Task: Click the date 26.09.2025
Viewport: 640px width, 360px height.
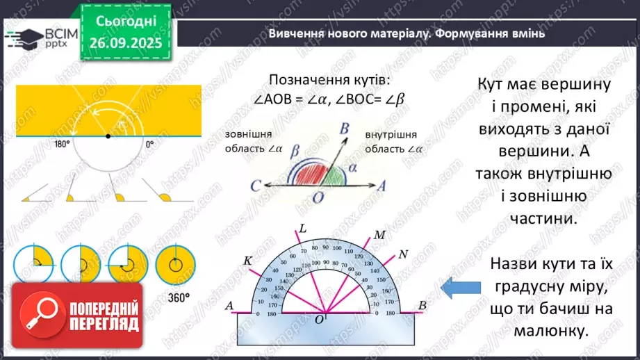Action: pyautogui.click(x=129, y=42)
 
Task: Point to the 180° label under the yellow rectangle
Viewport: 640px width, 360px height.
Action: pyautogui.click(x=63, y=145)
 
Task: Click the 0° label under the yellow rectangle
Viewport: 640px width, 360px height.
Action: pyautogui.click(x=149, y=145)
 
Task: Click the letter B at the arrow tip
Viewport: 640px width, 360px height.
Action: pyautogui.click(x=343, y=128)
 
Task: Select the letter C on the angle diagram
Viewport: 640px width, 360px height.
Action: pyautogui.click(x=256, y=186)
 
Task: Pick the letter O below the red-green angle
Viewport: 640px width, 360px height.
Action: pyautogui.click(x=318, y=198)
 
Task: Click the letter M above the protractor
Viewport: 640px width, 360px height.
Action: pyautogui.click(x=379, y=235)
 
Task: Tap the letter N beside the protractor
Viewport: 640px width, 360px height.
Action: pyautogui.click(x=404, y=252)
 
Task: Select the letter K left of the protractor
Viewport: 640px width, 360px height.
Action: pyautogui.click(x=247, y=261)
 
